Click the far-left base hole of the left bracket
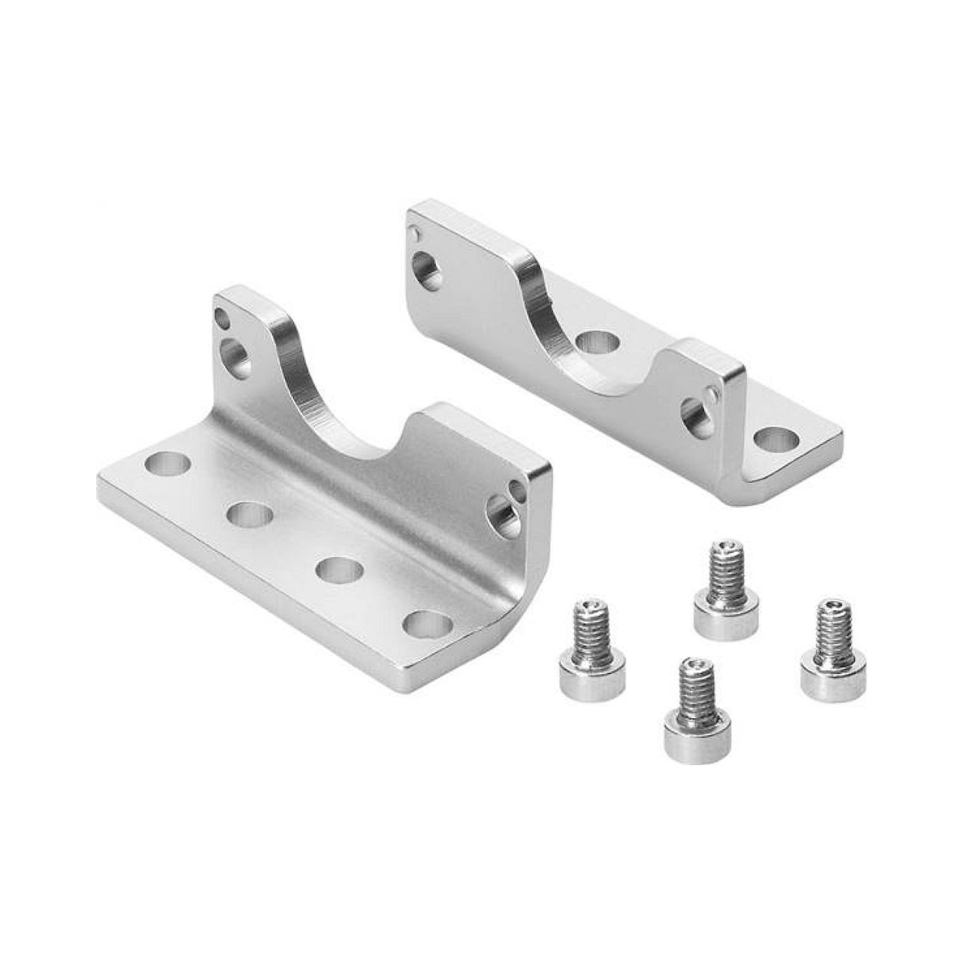168,464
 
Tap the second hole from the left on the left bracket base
252,513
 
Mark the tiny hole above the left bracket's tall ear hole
220,317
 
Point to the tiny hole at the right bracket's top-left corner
414,233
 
